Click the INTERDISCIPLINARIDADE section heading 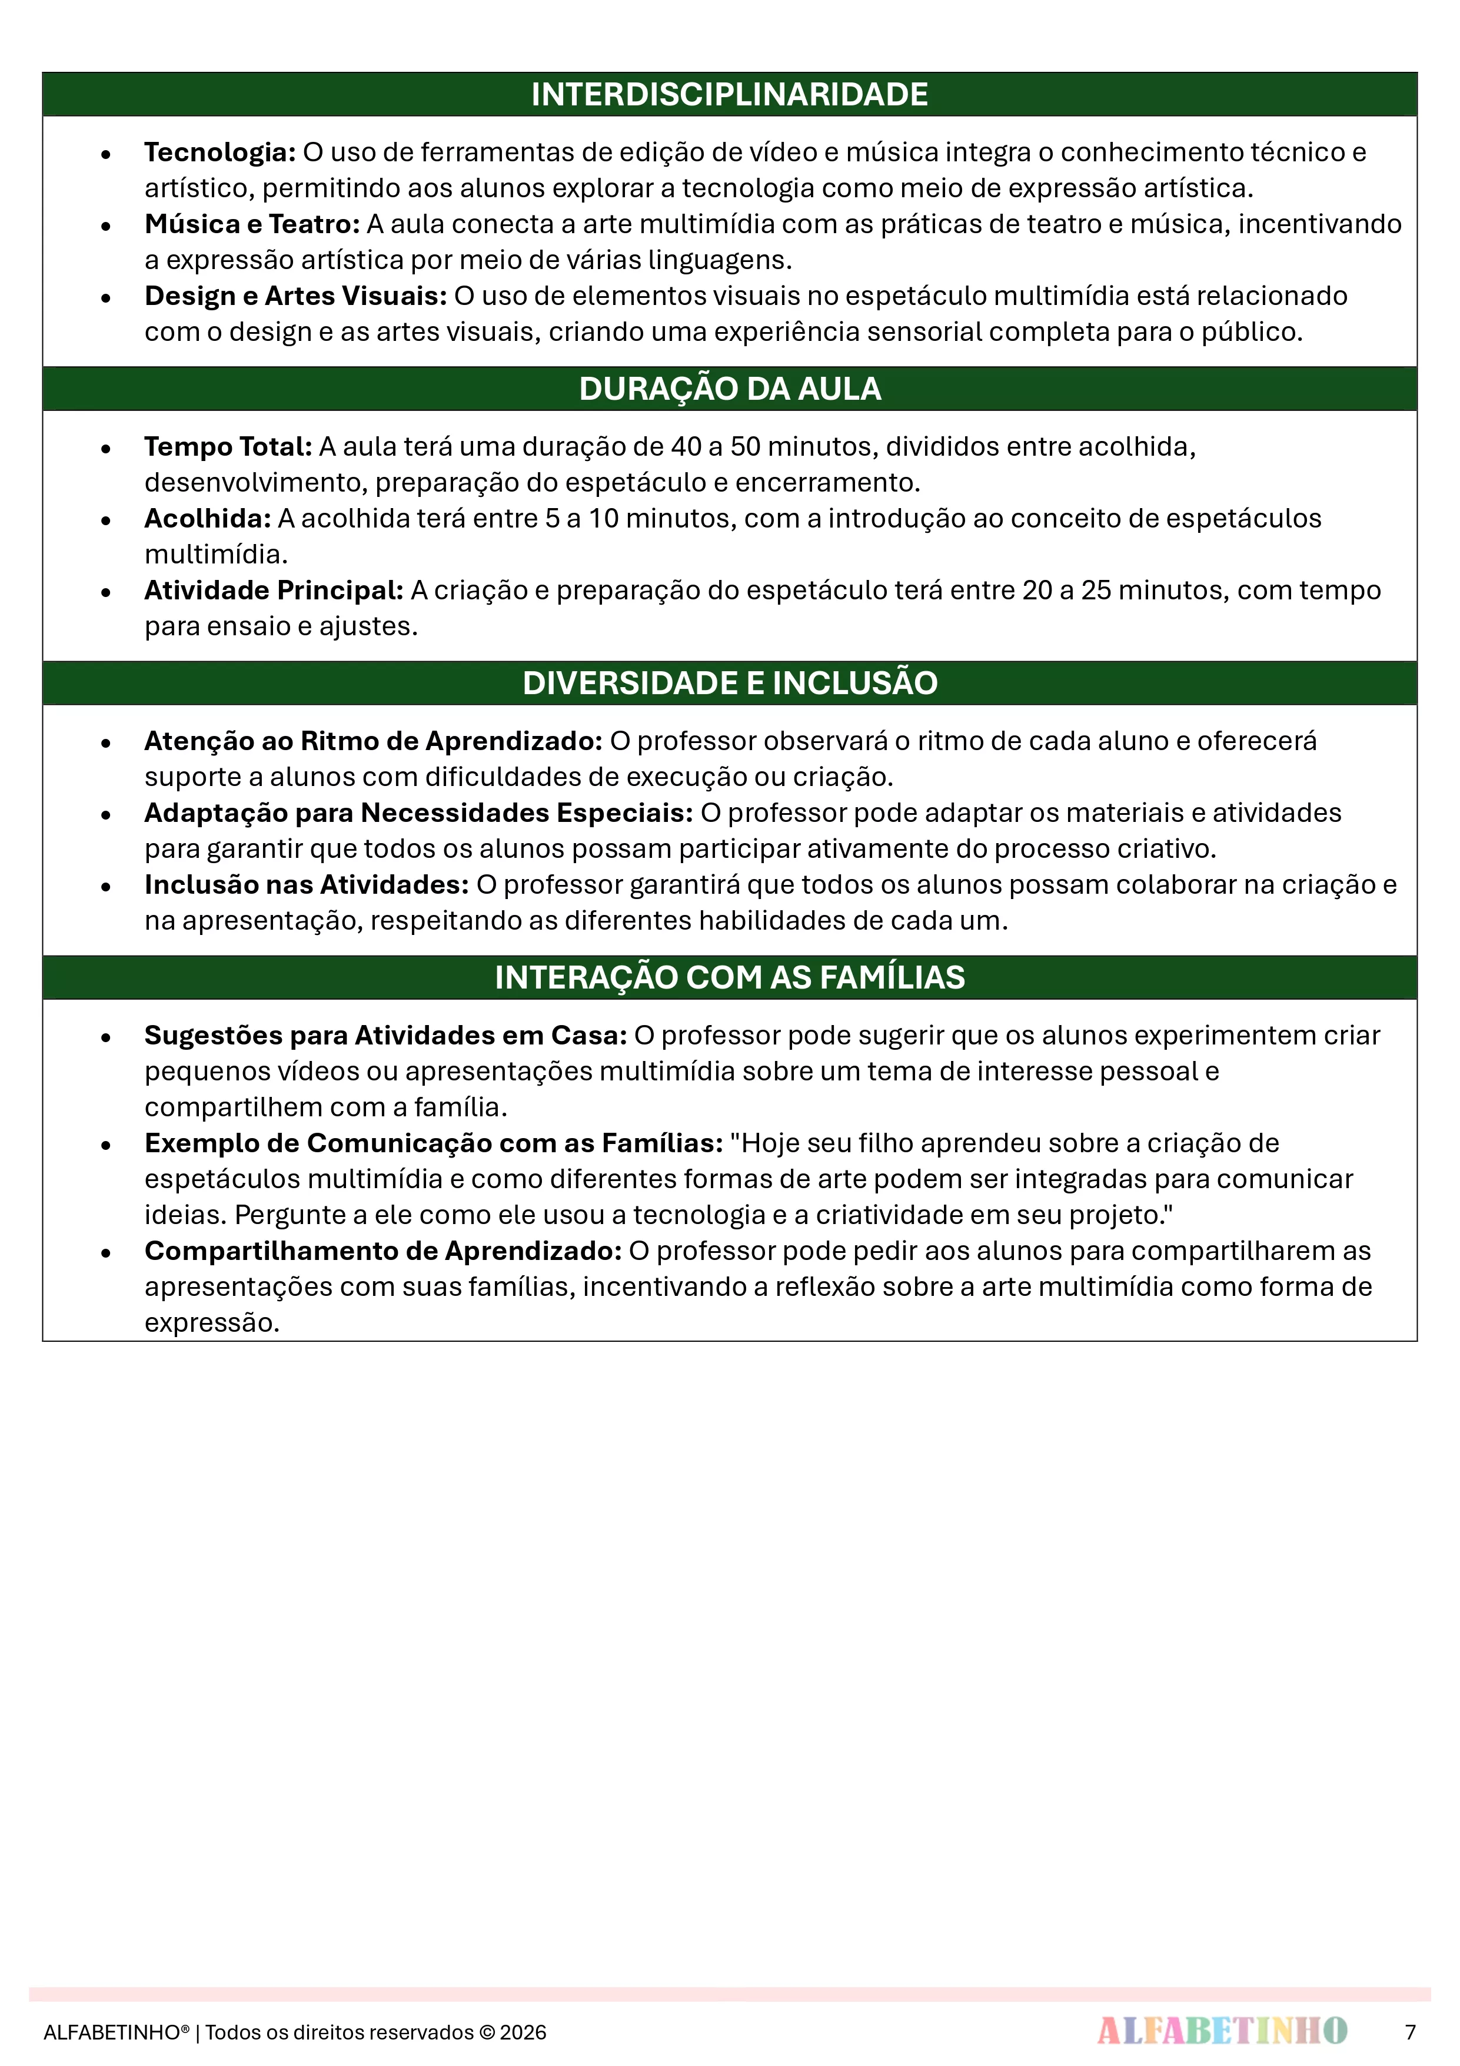[x=730, y=94]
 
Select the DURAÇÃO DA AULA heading [x=730, y=389]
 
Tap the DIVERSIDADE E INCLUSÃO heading [x=730, y=683]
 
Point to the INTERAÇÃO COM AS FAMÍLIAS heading [x=730, y=977]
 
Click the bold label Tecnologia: [x=220, y=152]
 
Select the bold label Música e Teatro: [x=252, y=224]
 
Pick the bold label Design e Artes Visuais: [x=295, y=296]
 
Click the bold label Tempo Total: [x=228, y=446]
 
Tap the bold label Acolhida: [x=207, y=518]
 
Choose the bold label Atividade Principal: [x=274, y=591]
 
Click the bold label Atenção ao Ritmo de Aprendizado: [x=373, y=741]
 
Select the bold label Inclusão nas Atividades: [x=306, y=884]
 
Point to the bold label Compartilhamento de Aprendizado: [x=383, y=1251]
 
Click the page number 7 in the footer [x=1409, y=2032]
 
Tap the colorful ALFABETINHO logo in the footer [x=1222, y=2030]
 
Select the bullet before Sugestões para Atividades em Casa [x=106, y=1037]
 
